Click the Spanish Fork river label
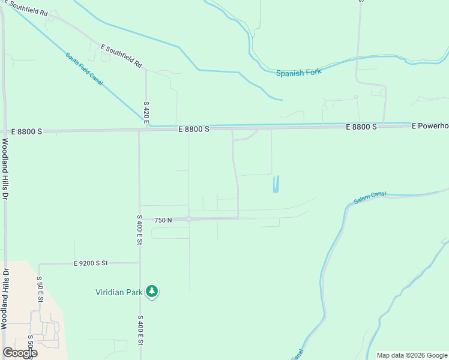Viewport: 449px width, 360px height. tap(299, 73)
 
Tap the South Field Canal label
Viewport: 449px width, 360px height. tap(85, 69)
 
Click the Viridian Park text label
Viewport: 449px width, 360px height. tap(119, 293)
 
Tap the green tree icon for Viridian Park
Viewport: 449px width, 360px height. tap(152, 292)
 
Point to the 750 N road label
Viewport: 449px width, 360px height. tap(163, 220)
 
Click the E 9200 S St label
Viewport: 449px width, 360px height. tap(91, 263)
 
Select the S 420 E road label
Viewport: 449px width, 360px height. tap(146, 113)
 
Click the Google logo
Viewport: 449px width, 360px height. tap(20, 352)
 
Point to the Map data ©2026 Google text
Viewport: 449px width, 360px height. tap(412, 355)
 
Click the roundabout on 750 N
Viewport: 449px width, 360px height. tap(188, 220)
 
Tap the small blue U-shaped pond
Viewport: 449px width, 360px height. tap(276, 184)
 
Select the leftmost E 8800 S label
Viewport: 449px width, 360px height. tap(28, 131)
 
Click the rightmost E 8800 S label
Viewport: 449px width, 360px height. tap(361, 127)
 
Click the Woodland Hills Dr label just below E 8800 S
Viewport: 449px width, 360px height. tap(5, 170)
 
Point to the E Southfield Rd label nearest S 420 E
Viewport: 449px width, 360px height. tap(121, 55)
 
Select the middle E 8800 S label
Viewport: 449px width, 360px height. tap(193, 129)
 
